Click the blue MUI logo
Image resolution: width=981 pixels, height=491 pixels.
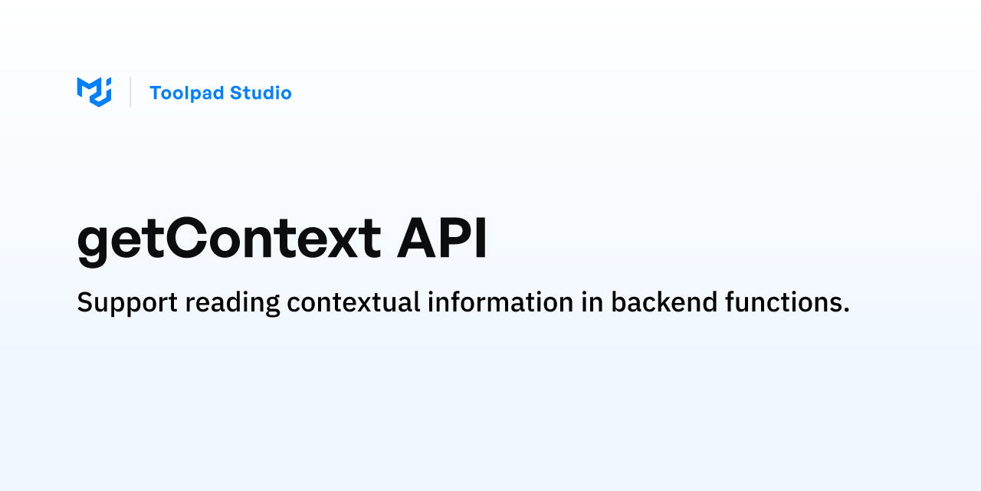tap(94, 92)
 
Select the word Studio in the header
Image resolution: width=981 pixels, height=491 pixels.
tap(261, 93)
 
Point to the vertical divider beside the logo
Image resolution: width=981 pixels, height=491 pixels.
tap(130, 92)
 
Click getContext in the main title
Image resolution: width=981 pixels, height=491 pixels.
tap(229, 240)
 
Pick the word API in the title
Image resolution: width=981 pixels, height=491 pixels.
tap(442, 237)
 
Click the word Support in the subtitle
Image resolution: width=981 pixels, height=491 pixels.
tap(127, 303)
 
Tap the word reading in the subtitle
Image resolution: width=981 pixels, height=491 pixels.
tap(232, 303)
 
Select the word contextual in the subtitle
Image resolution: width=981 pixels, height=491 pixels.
tap(353, 302)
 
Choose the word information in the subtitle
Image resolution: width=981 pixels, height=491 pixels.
tap(500, 302)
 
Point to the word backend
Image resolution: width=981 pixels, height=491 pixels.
tap(664, 302)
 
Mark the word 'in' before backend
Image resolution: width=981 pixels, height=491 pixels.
tap(592, 302)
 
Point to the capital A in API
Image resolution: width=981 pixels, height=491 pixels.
tap(418, 237)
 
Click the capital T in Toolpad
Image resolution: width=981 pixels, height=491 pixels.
tap(158, 93)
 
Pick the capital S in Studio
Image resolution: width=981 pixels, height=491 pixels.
tap(238, 93)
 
